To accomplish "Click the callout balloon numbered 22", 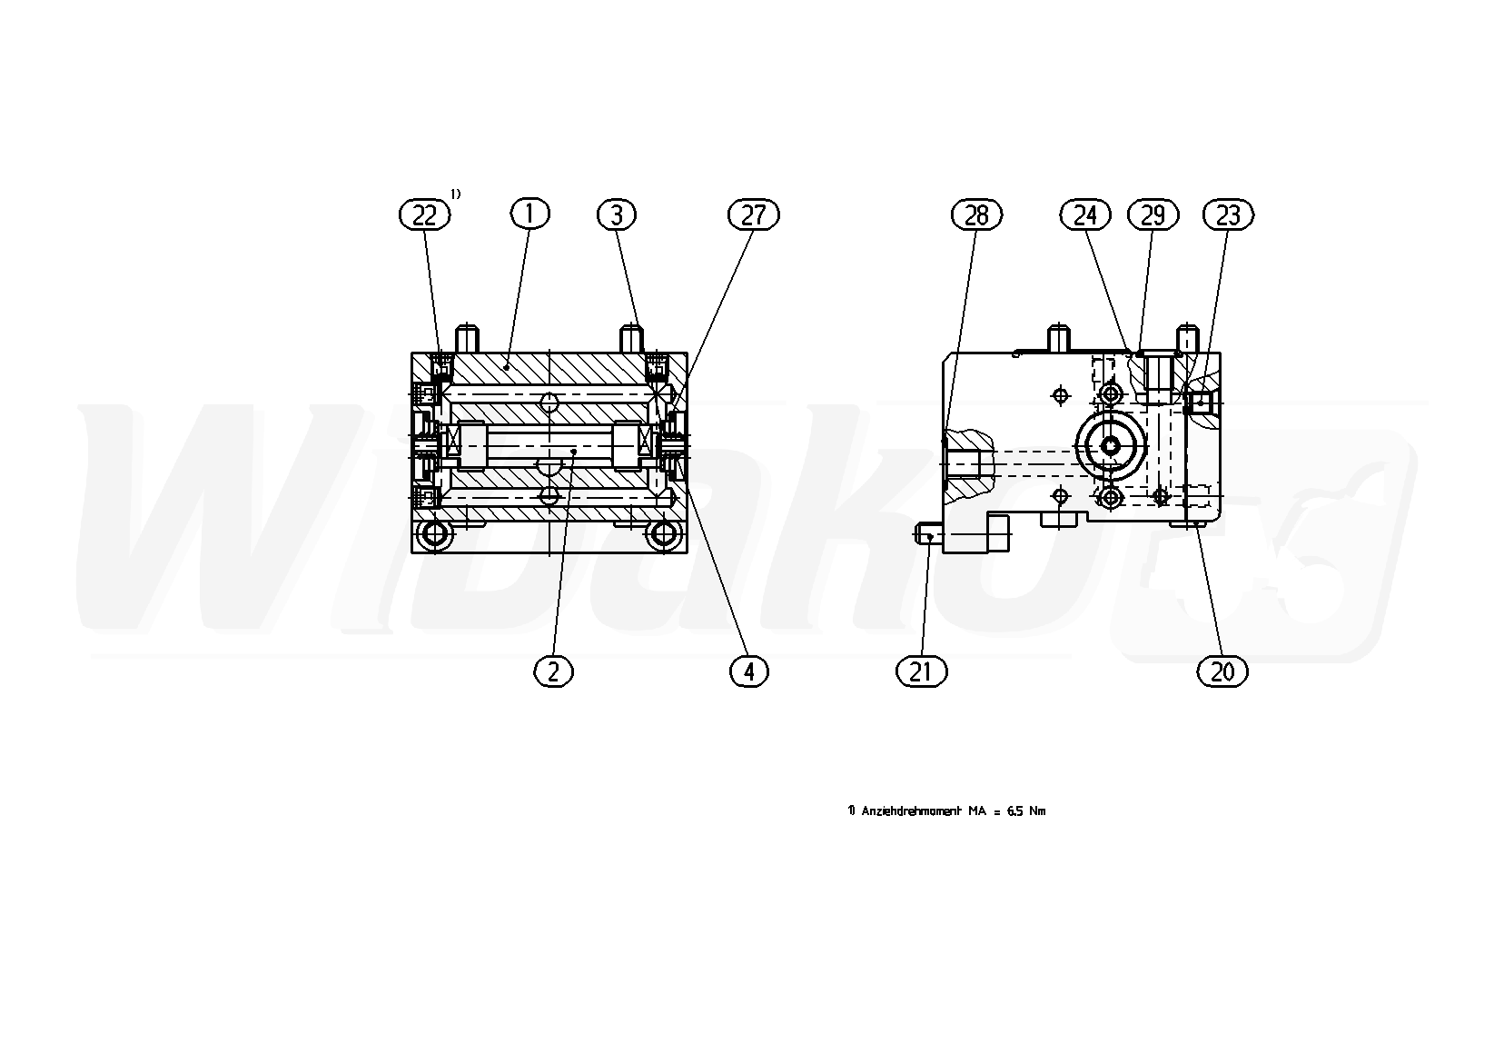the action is click(424, 215).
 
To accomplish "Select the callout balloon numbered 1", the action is click(529, 214).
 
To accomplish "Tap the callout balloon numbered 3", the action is click(617, 215).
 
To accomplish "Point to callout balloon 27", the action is click(753, 215).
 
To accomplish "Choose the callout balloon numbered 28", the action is click(976, 215).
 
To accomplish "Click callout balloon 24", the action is click(1085, 215).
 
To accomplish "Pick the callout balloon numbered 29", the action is click(1153, 215).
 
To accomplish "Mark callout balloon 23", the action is click(1228, 215).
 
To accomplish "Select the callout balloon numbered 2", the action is click(553, 671).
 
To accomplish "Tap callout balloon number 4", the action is click(749, 671).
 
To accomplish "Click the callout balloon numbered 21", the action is click(921, 671).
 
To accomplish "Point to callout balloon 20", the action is click(1222, 671).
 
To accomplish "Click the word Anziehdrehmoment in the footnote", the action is click(912, 811).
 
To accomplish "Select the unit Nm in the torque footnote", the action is click(1038, 811).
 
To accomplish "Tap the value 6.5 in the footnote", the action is click(1015, 811).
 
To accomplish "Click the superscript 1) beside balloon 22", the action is click(455, 194).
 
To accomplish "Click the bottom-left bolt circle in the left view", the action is click(435, 534).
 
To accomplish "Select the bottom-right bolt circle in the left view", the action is click(664, 534).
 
